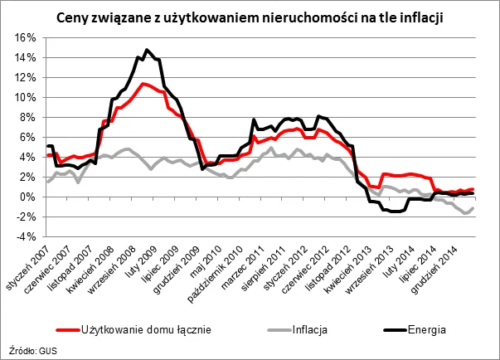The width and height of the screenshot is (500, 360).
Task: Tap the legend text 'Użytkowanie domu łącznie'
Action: (x=146, y=328)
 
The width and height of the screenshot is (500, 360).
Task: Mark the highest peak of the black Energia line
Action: (x=146, y=50)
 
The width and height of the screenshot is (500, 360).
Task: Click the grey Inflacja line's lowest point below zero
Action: (x=469, y=213)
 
